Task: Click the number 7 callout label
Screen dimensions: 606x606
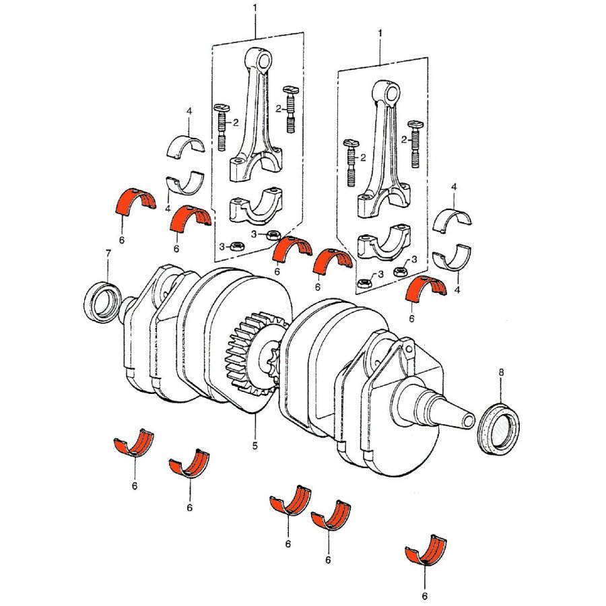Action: (107, 253)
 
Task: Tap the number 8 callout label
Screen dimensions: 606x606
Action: (501, 372)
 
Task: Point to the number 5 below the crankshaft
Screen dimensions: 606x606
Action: (255, 445)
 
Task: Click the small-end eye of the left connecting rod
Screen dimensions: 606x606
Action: (263, 61)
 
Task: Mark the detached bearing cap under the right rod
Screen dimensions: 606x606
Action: (384, 246)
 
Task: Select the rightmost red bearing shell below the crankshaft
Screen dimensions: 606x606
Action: (426, 551)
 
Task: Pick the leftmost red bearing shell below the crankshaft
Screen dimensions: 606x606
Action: (133, 445)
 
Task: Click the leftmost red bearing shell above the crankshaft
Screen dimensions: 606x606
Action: (136, 201)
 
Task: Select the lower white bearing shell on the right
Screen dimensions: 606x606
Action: (451, 260)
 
